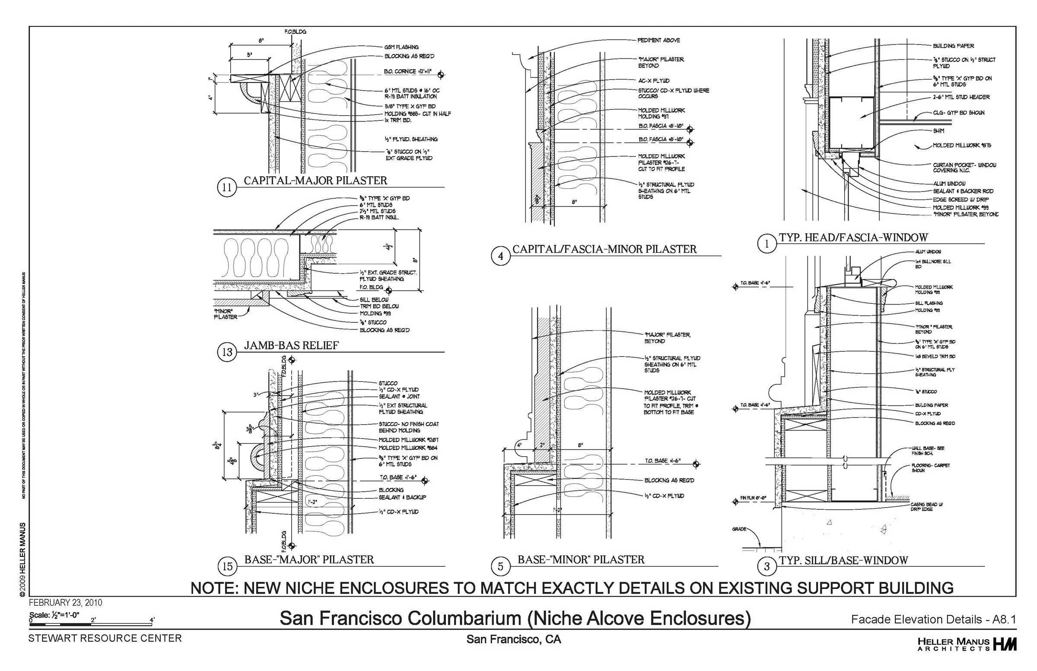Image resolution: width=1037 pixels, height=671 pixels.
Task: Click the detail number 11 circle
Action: pos(227,188)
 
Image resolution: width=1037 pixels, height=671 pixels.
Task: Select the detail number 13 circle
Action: pos(227,352)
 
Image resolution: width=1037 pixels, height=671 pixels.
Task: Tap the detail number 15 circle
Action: pos(227,566)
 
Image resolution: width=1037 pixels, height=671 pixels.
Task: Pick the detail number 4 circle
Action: pos(501,256)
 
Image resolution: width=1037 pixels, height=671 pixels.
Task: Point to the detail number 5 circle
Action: pos(501,566)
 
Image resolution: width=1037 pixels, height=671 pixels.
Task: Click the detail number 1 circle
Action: pos(767,244)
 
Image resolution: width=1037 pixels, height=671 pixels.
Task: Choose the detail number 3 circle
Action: pos(767,566)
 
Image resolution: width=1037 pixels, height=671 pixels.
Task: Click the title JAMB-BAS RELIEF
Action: pos(291,346)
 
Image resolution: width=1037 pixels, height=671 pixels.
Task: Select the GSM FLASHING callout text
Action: pos(401,47)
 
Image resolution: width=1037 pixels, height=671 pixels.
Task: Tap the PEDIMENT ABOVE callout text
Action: pos(658,40)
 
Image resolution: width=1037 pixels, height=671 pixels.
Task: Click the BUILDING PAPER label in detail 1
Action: pos(953,46)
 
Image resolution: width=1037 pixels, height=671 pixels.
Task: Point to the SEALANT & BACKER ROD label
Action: pos(963,191)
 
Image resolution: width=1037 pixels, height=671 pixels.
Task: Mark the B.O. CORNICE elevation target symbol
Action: pos(441,74)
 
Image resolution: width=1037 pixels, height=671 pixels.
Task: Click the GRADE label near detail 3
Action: pos(739,529)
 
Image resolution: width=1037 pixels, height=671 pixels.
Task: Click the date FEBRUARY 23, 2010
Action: pos(65,603)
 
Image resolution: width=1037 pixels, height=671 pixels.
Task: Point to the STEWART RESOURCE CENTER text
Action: pos(105,638)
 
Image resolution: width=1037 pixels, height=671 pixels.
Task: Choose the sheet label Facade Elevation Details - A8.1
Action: pos(933,620)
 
